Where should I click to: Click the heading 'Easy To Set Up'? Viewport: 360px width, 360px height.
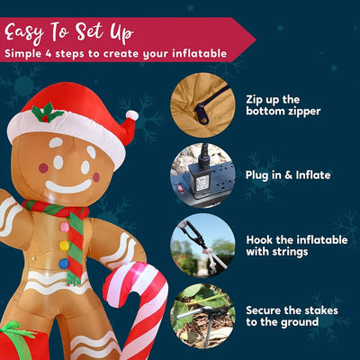68,32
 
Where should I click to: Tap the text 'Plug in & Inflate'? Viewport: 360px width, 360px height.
288,175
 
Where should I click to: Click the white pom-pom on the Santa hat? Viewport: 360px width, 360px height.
131,115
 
